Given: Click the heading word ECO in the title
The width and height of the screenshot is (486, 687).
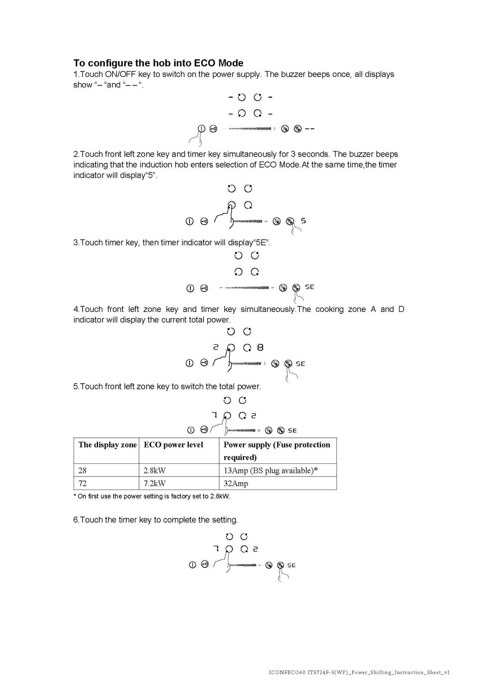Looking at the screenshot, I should click(205, 63).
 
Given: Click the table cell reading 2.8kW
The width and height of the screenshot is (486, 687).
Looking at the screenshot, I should click(154, 471).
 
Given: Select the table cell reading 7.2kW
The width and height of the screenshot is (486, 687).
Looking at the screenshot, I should click(154, 483).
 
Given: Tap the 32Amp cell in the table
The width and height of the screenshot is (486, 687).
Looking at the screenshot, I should click(236, 483).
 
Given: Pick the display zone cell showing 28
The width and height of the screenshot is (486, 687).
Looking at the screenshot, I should click(83, 471).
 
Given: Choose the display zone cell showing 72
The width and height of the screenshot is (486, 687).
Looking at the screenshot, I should click(83, 483).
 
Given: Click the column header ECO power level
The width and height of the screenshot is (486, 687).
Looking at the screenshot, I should click(173, 445).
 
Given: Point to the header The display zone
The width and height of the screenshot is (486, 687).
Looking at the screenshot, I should click(107, 445).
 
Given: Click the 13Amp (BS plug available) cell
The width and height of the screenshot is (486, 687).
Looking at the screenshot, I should click(271, 471).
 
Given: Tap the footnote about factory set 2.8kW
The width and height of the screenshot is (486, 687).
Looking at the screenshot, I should click(152, 496).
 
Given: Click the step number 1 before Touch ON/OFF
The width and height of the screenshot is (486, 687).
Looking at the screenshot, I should click(75, 75).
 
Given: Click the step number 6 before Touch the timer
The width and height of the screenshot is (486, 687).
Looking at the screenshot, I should click(75, 520).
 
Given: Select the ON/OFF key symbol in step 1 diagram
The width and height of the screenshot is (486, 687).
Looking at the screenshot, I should click(201, 129).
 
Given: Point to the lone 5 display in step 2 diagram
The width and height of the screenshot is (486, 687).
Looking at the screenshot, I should click(303, 221).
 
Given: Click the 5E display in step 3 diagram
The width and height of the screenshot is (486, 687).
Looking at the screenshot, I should click(309, 287).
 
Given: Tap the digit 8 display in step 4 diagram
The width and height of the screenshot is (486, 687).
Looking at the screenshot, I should click(260, 348).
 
